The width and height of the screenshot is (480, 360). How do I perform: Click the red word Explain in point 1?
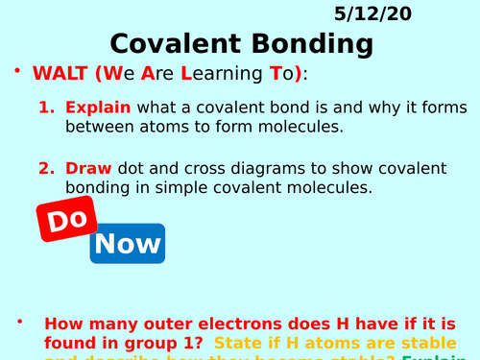coord(97,108)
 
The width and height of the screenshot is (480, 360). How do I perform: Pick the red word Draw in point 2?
coord(87,168)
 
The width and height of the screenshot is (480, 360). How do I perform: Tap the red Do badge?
coord(67,220)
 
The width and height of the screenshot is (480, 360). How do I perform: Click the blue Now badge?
coord(127,243)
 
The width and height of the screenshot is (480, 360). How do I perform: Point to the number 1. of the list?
coord(47,108)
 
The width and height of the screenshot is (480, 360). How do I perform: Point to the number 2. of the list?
coord(47,168)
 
